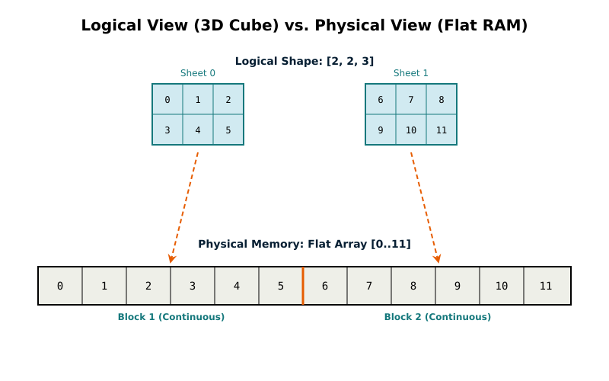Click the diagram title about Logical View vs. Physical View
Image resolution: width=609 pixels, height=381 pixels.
point(304,25)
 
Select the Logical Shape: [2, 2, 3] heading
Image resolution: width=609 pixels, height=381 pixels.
point(304,61)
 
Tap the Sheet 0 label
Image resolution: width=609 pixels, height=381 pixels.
point(198,73)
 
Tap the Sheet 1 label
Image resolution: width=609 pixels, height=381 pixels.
point(411,73)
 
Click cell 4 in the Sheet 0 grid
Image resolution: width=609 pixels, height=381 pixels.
point(198,130)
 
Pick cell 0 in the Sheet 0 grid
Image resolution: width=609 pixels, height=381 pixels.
point(167,99)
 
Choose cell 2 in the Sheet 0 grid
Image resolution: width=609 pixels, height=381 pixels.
point(228,99)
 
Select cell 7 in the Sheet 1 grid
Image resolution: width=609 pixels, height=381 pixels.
point(411,99)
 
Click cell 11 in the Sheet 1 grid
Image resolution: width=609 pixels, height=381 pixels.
point(442,130)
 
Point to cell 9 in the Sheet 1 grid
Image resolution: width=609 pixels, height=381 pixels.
point(381,130)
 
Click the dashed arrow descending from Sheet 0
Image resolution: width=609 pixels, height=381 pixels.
point(185,206)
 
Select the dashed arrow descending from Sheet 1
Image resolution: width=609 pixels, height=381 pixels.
point(424,206)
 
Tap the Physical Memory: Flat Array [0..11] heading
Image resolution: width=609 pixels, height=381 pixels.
point(304,244)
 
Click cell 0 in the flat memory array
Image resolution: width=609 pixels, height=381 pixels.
point(60,286)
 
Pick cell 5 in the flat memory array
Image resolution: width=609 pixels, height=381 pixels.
point(281,286)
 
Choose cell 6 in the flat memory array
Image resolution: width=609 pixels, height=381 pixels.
point(325,286)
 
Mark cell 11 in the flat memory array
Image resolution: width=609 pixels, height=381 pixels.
point(547,286)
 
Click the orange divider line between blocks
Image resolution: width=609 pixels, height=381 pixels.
point(303,286)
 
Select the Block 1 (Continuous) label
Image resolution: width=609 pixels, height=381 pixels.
point(171,317)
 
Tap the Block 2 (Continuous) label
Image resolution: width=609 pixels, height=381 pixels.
point(438,317)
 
